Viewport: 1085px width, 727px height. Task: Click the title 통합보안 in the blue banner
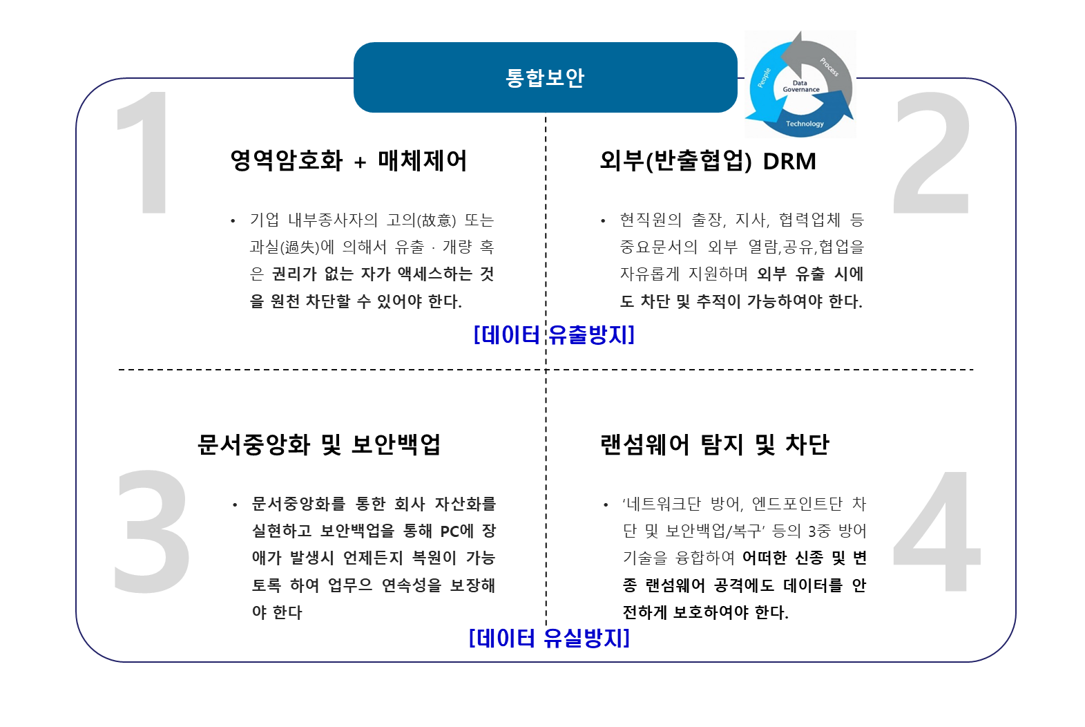(545, 77)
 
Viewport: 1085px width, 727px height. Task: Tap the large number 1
(146, 153)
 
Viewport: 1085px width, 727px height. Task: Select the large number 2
(932, 153)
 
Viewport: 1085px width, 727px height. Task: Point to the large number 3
(151, 531)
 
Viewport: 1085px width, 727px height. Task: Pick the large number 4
(937, 531)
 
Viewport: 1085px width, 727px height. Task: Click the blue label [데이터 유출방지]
(554, 335)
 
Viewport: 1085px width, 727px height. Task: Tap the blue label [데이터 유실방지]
(550, 637)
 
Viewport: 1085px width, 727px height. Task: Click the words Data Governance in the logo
(800, 86)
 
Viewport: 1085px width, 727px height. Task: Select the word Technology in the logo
(805, 124)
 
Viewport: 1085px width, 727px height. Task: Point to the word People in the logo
(764, 77)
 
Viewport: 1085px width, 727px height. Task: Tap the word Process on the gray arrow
(829, 67)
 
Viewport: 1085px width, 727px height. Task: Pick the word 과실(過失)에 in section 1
(292, 247)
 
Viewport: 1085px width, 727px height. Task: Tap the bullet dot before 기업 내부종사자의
(233, 221)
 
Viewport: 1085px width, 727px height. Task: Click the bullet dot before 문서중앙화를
(235, 504)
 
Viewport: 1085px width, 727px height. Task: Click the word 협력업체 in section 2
(809, 220)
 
